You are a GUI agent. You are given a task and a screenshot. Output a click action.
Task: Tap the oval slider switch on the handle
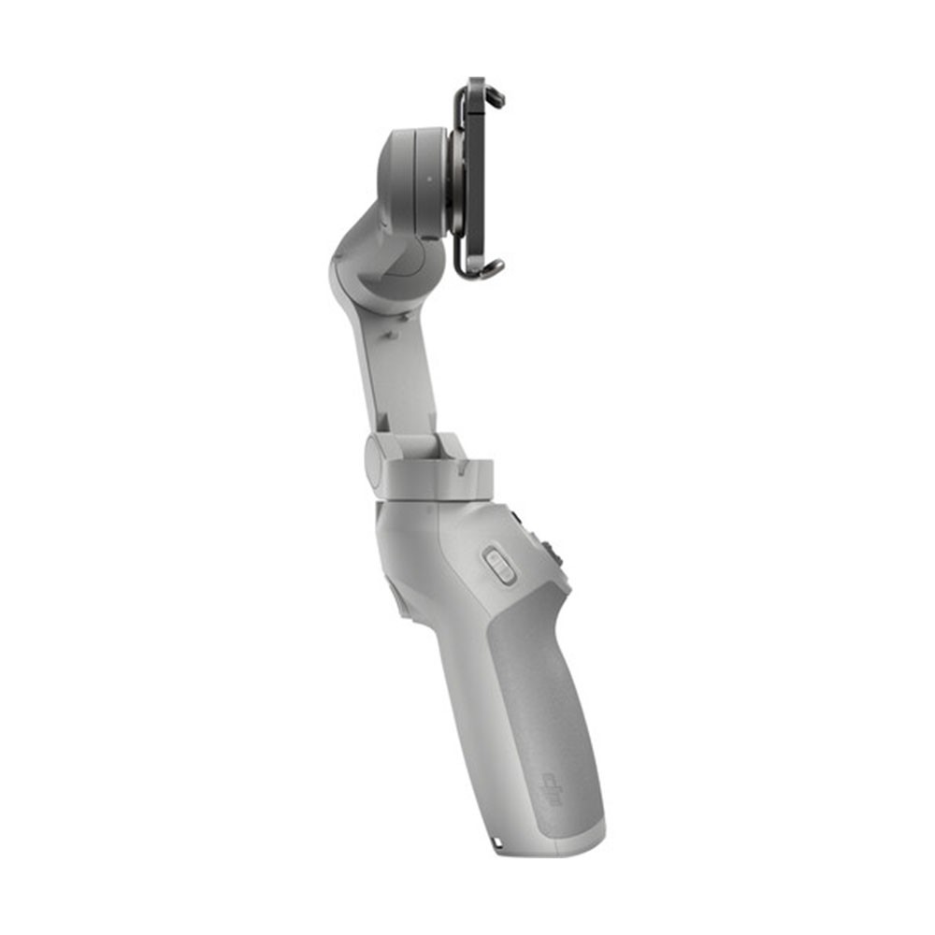click(x=499, y=566)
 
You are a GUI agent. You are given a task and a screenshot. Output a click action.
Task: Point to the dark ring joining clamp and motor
click(x=455, y=182)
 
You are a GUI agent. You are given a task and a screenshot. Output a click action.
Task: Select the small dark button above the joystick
click(x=517, y=517)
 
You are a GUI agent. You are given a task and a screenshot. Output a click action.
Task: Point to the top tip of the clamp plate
click(x=476, y=82)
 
